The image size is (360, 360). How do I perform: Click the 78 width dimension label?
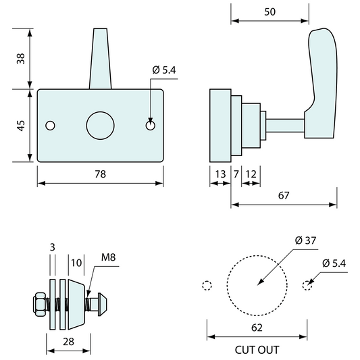point(100,174)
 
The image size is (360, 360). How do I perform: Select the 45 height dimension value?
point(20,126)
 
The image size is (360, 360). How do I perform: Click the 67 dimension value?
point(283,196)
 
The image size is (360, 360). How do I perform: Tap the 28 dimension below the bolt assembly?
point(68,342)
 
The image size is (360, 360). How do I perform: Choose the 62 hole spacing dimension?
point(257,328)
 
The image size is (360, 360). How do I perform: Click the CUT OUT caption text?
point(257,350)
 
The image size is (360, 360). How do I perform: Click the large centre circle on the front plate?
point(101,126)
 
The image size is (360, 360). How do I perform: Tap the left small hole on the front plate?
point(49,126)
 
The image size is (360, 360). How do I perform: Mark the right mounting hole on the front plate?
point(151,126)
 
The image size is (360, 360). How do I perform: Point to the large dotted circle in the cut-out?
point(257,285)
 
